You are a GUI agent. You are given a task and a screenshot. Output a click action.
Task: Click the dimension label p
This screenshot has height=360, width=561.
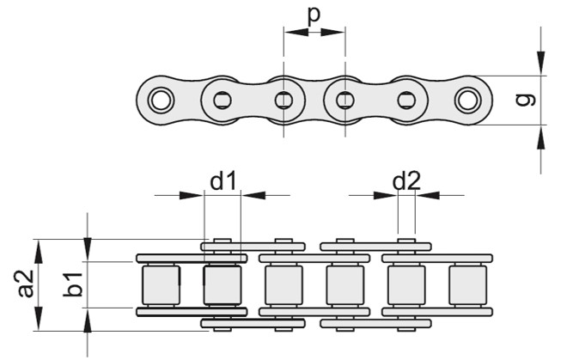[x=314, y=15]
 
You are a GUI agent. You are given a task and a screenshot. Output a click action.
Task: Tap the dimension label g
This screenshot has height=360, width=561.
[x=526, y=99]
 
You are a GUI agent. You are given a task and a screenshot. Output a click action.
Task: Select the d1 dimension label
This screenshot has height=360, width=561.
[x=223, y=180]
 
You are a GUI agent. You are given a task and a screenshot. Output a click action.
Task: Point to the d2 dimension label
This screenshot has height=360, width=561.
[x=406, y=180]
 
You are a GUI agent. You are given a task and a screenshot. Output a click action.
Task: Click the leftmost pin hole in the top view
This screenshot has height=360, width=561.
[x=159, y=100]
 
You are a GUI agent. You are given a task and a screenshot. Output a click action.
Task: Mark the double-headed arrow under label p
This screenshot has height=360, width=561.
[x=314, y=34]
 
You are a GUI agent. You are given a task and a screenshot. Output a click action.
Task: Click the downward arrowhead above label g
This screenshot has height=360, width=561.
[x=540, y=63]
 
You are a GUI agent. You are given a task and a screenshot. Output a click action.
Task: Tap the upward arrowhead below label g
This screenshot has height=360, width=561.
[x=540, y=135]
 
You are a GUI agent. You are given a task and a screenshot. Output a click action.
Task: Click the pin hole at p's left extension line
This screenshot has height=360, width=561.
[x=284, y=100]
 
